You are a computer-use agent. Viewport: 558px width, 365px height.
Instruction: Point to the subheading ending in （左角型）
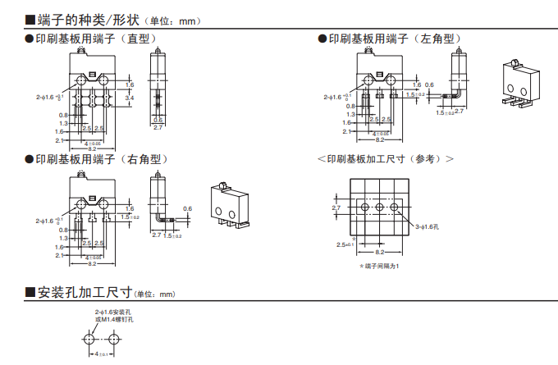pos(394,39)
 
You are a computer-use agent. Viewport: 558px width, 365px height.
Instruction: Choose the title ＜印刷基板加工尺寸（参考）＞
pos(385,159)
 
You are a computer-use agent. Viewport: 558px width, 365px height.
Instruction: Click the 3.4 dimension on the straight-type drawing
pos(130,98)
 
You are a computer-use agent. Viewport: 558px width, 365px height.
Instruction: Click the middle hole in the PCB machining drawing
pos(380,209)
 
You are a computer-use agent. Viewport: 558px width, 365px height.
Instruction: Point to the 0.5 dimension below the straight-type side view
pos(158,120)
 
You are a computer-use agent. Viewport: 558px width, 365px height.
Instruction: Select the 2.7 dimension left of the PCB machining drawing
pos(336,208)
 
